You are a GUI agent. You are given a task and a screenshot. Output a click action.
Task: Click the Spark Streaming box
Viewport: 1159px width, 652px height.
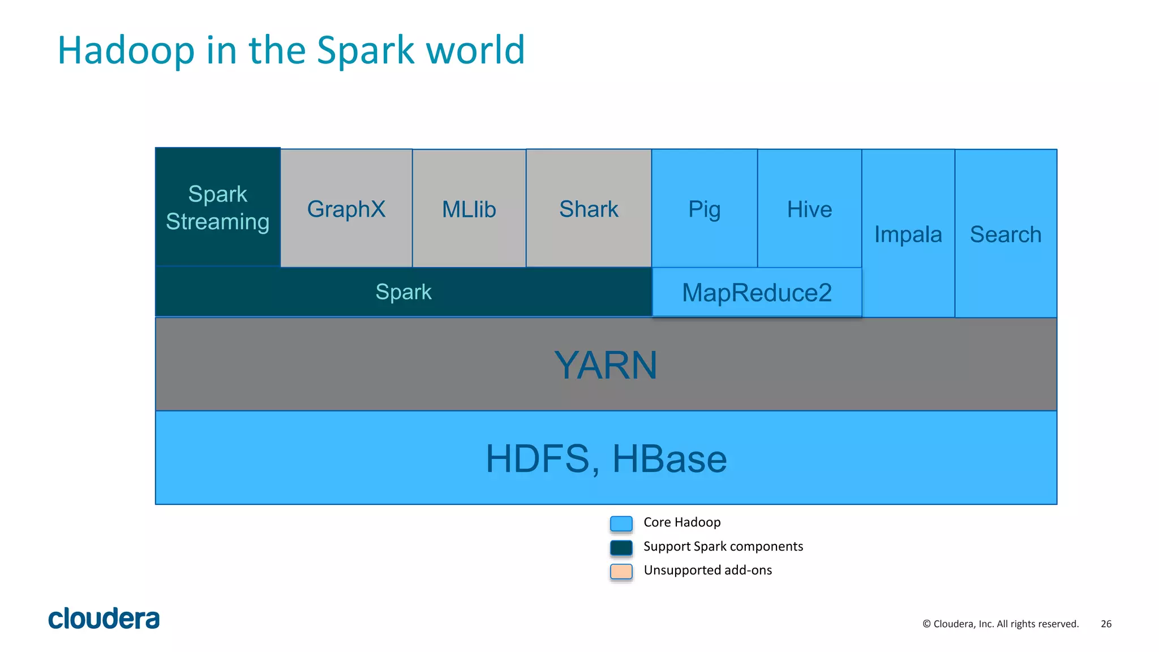pos(218,207)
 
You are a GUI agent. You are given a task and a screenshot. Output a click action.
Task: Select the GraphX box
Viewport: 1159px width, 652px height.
pos(346,208)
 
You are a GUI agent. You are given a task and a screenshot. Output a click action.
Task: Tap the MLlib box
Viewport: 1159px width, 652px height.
pos(469,208)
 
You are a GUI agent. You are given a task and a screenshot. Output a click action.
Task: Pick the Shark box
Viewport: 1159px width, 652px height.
pos(589,208)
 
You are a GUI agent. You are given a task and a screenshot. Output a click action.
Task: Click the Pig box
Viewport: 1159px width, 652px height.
pos(704,208)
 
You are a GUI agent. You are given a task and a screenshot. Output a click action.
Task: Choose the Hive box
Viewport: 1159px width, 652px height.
pos(809,208)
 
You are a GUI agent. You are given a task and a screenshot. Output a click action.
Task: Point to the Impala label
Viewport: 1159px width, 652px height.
pos(908,234)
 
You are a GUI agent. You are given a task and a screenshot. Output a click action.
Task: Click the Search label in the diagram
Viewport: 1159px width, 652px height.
pos(1006,234)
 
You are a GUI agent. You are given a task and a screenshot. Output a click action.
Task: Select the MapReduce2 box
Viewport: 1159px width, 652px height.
pos(757,292)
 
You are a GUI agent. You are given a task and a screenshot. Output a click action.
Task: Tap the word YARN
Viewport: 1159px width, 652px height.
pos(606,365)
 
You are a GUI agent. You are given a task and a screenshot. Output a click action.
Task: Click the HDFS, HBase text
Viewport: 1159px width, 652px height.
pos(606,458)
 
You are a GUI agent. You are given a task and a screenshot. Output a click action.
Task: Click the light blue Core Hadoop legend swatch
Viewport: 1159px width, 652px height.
pos(621,524)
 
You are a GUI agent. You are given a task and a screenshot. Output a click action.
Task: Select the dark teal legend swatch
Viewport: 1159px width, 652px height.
pos(621,547)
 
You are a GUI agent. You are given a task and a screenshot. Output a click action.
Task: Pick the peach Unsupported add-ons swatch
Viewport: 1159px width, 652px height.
pos(621,571)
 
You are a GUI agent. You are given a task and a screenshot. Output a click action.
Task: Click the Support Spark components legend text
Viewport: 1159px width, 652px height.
pos(723,546)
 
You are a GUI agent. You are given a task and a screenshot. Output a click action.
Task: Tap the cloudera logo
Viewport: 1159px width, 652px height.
pos(104,619)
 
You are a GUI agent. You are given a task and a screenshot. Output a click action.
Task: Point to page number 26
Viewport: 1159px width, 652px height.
pos(1106,624)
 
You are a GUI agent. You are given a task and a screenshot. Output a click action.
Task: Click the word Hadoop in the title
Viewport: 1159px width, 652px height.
pos(126,50)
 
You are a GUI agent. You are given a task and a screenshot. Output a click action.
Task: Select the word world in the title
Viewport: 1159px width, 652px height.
pos(475,50)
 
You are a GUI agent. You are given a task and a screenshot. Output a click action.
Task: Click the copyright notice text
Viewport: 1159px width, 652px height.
pos(1000,624)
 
